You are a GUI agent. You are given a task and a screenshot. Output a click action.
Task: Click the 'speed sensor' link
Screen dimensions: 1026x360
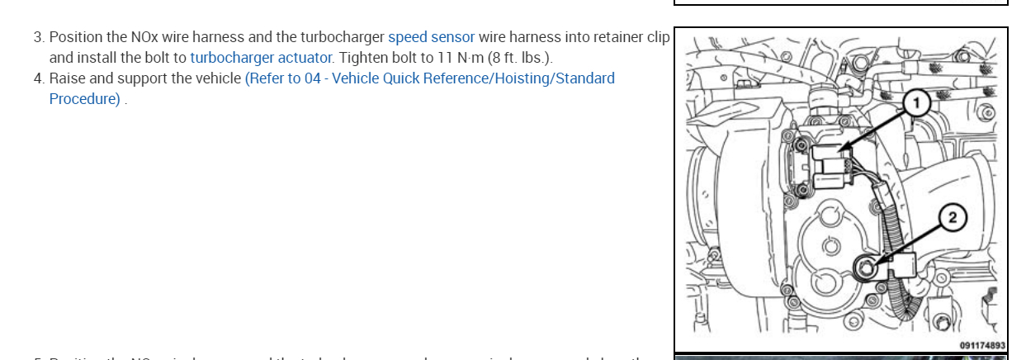pyautogui.click(x=431, y=37)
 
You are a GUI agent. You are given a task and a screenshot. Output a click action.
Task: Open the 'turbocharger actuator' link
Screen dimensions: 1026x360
pyautogui.click(x=262, y=58)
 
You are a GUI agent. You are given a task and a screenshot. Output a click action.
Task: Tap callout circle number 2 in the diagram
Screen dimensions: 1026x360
pyautogui.click(x=952, y=218)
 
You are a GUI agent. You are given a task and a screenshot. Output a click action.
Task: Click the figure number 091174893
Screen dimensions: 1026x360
pyautogui.click(x=982, y=346)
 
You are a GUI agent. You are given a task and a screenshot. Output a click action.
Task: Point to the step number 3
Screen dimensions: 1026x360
pyautogui.click(x=39, y=37)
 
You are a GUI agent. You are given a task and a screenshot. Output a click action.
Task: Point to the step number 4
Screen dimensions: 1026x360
pyautogui.click(x=39, y=78)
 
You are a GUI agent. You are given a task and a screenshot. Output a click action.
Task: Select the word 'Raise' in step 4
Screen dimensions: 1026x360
pyautogui.click(x=69, y=78)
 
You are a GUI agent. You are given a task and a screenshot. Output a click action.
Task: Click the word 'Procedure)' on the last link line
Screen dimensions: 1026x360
pyautogui.click(x=85, y=99)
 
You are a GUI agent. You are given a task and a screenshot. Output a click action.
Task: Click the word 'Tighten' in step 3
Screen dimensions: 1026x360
pyautogui.click(x=364, y=58)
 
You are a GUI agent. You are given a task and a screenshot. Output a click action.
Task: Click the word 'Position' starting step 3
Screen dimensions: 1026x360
pyautogui.click(x=76, y=37)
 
